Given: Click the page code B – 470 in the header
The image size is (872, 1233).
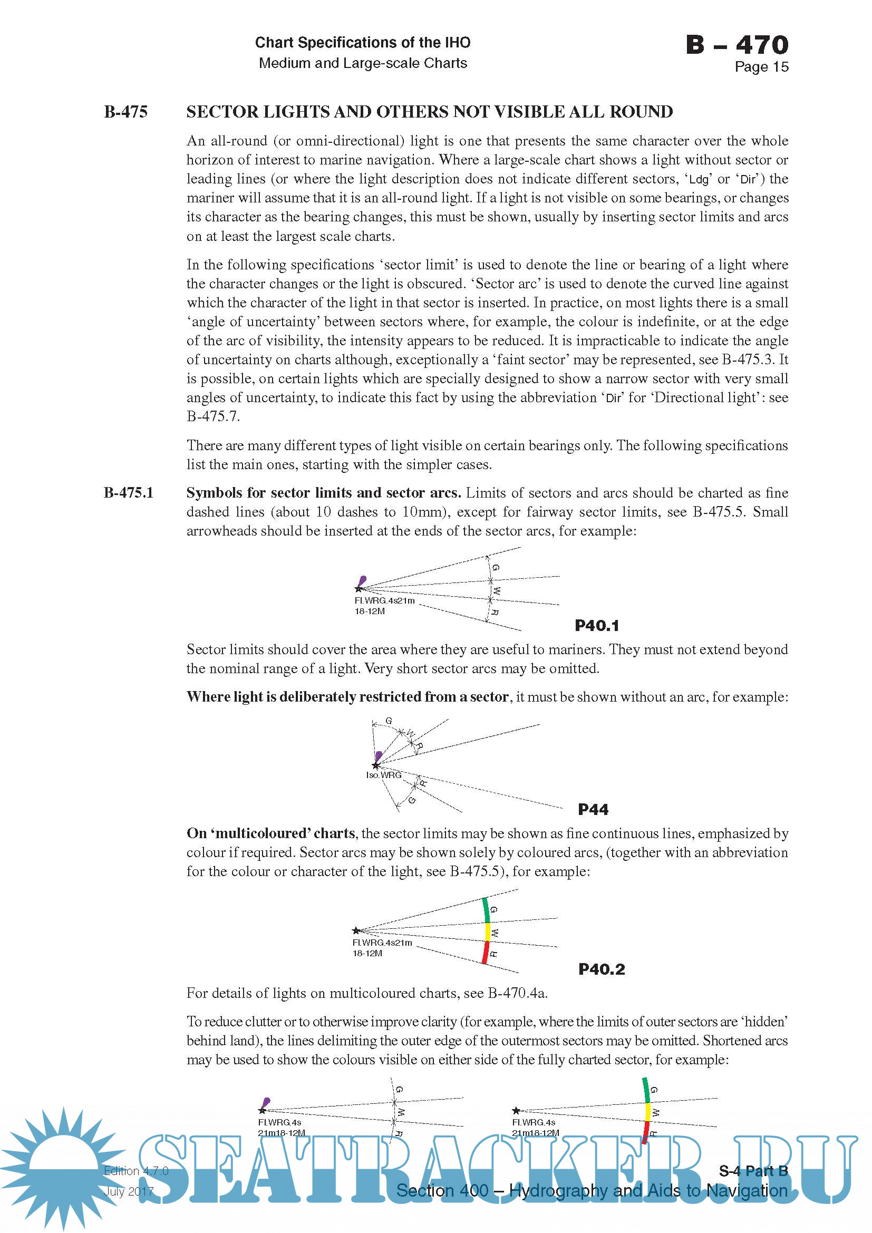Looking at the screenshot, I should pos(737,45).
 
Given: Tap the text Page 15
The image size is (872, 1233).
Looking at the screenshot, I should pos(761,67).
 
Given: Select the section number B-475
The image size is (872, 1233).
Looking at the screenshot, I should pos(125,112).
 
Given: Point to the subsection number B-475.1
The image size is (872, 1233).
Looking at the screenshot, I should pos(128,492).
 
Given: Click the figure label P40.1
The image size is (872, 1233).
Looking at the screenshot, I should pos(597,625).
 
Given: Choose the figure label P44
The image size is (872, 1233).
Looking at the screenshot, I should pos(593,809).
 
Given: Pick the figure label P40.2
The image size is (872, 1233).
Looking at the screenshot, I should pos(602,969).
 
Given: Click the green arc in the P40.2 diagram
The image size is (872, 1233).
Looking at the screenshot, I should pos(486,910).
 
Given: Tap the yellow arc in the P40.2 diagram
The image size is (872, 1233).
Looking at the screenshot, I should pos(488,931).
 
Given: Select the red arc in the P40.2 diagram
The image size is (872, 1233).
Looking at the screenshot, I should pos(486,952).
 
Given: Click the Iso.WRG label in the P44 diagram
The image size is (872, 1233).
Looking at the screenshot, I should pos(383,775).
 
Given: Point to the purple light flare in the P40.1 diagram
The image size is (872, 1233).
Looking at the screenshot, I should pos(362,581).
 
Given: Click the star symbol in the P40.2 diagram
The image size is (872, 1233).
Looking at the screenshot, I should pos(356,930).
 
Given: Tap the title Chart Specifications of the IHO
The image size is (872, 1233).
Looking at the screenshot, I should pos(362,42).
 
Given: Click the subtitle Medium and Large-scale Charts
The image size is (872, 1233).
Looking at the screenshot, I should pos(362,63).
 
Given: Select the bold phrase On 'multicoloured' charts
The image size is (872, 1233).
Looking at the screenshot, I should pos(270,833).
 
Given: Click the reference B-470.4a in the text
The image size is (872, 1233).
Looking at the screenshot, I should pos(517,993).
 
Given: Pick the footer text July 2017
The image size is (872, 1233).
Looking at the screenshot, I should pos(129,1191).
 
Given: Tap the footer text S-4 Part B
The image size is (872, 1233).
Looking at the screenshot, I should pos(753,1171).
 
